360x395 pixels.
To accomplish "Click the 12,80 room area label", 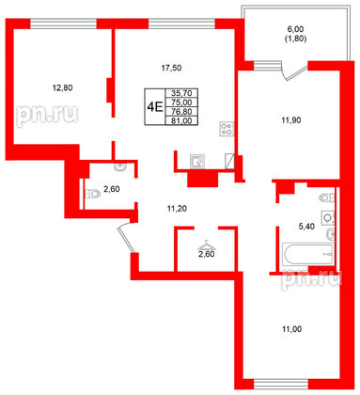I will (60, 88).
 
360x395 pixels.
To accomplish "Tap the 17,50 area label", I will (169, 67).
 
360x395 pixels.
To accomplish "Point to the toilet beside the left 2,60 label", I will (91, 195).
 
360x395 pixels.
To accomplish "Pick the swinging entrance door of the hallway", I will (127, 240).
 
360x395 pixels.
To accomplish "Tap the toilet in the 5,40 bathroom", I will (325, 197).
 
